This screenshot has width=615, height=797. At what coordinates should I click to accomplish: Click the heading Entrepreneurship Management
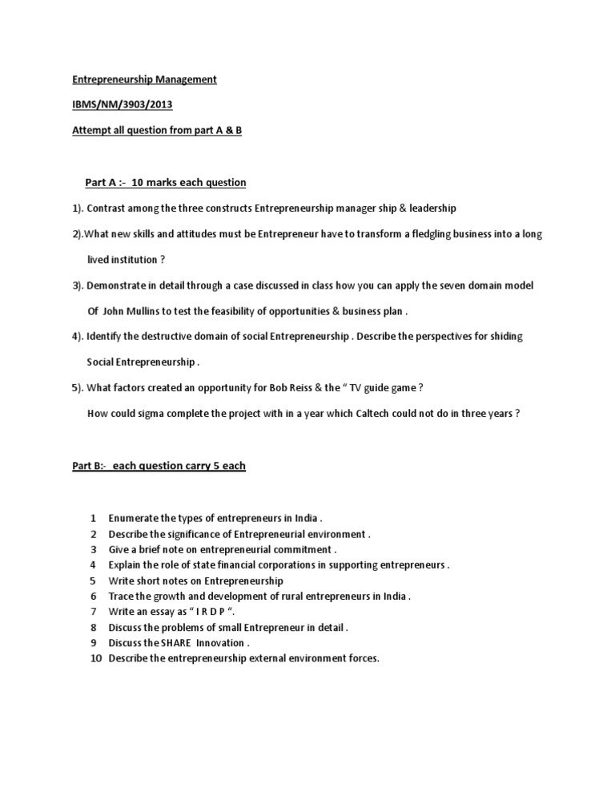point(144,79)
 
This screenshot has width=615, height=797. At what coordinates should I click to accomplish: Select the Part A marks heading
point(166,182)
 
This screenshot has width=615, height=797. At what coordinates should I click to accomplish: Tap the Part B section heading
point(159,465)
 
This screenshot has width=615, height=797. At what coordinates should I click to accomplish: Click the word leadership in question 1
point(432,208)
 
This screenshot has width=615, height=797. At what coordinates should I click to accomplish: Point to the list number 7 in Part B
point(93,611)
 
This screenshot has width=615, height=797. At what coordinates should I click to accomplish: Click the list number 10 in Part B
point(94,658)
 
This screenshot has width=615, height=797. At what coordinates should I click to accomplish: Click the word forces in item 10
point(360,658)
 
